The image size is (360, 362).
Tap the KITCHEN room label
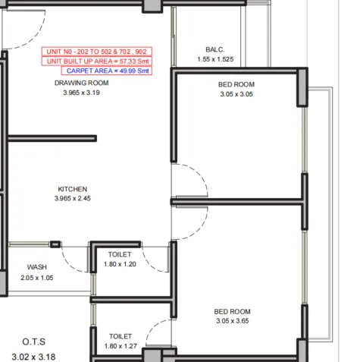73,189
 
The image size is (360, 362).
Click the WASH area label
36,267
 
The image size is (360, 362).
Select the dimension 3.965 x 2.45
73,199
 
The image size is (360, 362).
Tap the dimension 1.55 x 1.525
215,59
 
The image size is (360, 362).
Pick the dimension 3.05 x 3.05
236,95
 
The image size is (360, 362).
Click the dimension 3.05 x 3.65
232,321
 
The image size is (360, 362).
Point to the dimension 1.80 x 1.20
120,264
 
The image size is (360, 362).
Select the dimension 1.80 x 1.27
120,346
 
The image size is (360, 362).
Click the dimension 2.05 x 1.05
36,277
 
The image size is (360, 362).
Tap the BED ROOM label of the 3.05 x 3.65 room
232,311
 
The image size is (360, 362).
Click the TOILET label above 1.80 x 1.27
120,336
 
